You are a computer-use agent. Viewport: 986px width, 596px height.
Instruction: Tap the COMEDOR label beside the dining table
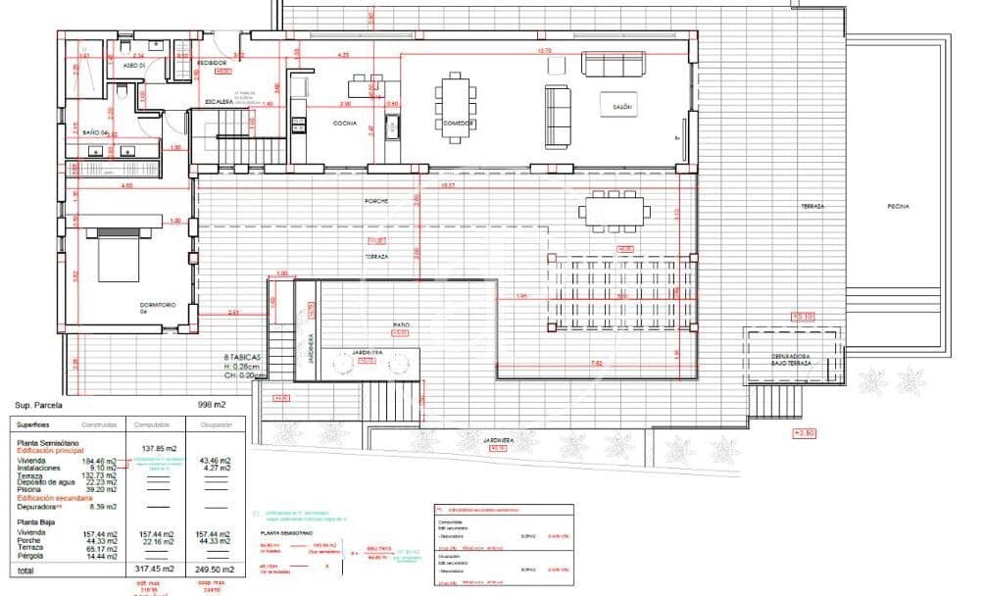click(458, 124)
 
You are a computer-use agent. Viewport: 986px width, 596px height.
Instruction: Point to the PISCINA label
click(899, 207)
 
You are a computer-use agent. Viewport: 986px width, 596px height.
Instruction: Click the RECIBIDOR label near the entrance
click(212, 63)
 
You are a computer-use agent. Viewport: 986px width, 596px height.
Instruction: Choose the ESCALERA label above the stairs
click(219, 101)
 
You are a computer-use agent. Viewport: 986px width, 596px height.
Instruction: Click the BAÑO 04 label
click(94, 132)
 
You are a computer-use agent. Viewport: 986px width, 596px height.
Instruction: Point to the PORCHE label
click(377, 201)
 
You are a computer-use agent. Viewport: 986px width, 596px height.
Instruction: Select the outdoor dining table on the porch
click(615, 209)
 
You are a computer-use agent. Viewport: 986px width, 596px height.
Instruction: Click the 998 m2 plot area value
click(213, 404)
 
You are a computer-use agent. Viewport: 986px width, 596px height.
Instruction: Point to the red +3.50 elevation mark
click(804, 432)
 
